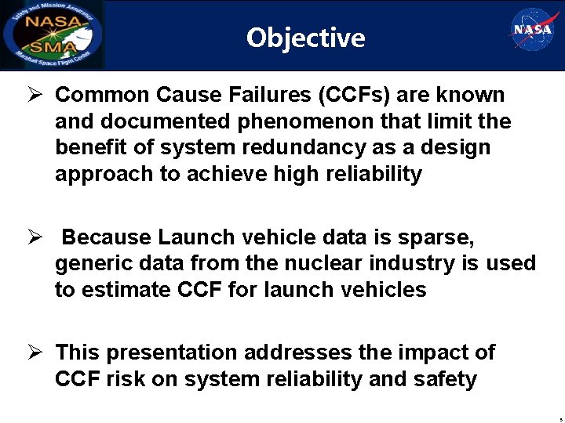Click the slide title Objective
click(305, 37)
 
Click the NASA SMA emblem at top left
click(53, 34)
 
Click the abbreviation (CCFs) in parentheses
click(355, 96)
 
